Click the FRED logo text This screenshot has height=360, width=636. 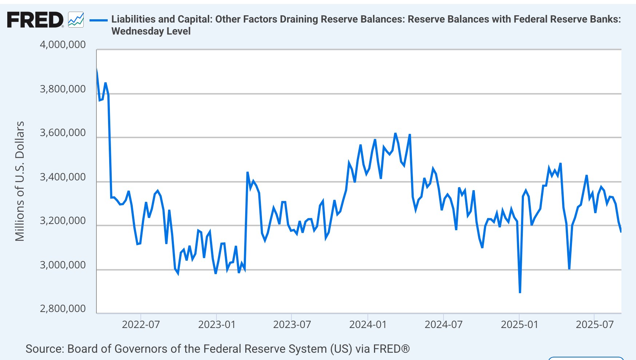[35, 20]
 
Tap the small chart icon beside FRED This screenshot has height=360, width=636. [76, 20]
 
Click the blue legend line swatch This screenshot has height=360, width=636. [98, 20]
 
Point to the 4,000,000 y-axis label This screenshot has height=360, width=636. [63, 45]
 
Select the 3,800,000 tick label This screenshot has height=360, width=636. [63, 89]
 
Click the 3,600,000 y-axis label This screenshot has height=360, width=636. [63, 133]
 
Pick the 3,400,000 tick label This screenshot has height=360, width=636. [63, 177]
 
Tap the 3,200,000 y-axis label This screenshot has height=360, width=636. [63, 221]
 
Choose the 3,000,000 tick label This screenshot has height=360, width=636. [63, 265]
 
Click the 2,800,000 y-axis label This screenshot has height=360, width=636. [63, 309]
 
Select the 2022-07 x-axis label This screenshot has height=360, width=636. [141, 324]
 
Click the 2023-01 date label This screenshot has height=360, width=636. [217, 324]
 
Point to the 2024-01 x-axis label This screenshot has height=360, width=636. [368, 324]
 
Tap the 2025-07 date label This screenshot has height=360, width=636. [595, 324]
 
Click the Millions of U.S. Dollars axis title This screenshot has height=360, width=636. [20, 181]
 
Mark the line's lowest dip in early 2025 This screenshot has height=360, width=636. [520, 292]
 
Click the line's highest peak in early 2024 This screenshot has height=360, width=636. [395, 133]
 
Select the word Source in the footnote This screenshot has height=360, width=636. [44, 349]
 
